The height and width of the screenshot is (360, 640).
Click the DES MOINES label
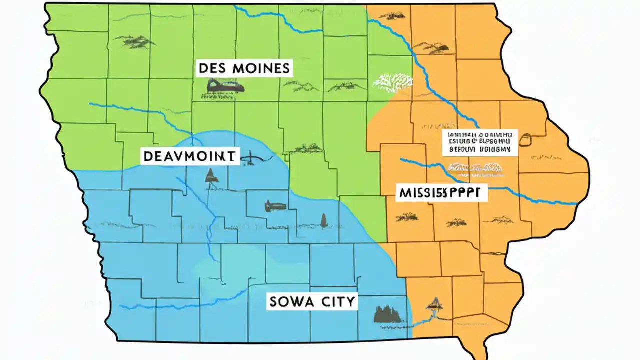pyautogui.click(x=244, y=68)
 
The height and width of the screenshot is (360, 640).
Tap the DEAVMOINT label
pyautogui.click(x=188, y=156)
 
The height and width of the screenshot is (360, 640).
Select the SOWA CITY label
pyautogui.click(x=312, y=301)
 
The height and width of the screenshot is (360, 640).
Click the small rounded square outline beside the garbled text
pyautogui.click(x=526, y=139)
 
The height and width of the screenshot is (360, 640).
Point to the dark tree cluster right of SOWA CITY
pyautogui.click(x=387, y=314)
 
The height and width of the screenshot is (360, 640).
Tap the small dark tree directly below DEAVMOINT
pyautogui.click(x=210, y=176)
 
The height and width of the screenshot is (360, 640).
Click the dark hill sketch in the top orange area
pyautogui.click(x=433, y=47)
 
